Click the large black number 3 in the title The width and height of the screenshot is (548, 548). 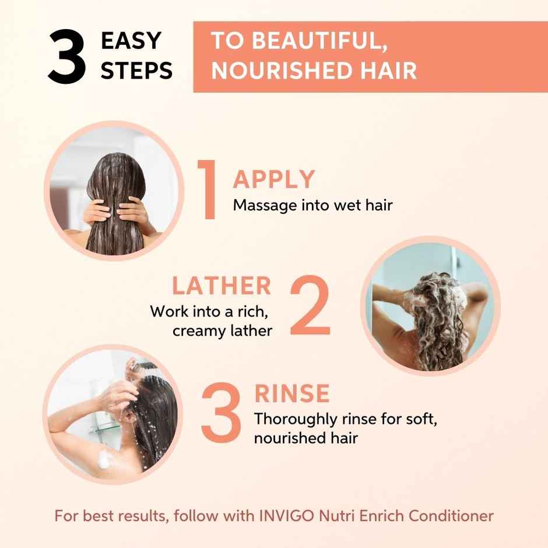[67, 57]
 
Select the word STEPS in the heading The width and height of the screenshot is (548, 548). [137, 71]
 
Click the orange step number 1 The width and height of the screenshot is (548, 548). [207, 190]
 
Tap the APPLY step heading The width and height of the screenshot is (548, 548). [273, 180]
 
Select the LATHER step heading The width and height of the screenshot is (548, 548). [222, 286]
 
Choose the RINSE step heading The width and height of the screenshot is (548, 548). [291, 394]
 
